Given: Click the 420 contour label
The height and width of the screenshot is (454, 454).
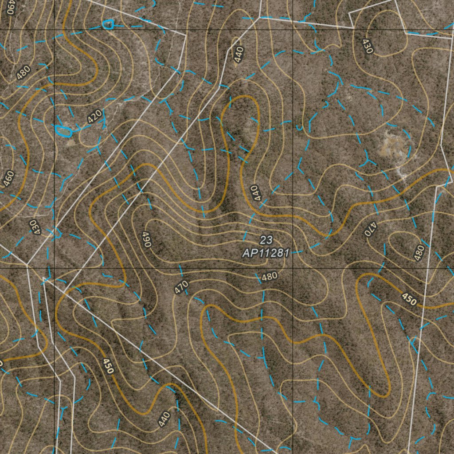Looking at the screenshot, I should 95,117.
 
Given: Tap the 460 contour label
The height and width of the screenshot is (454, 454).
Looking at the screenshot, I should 8,178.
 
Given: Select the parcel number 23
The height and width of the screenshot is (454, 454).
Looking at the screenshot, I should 266,240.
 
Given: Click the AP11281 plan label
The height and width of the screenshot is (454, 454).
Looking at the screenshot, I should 266,253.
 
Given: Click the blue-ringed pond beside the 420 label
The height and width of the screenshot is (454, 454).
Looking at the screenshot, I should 64,131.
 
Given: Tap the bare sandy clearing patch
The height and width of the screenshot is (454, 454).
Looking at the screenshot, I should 391,144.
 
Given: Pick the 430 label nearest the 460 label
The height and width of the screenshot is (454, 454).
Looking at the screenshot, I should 35,227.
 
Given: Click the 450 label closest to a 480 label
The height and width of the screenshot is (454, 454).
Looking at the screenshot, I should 408,299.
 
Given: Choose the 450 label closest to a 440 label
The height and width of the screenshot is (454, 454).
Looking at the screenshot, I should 108,366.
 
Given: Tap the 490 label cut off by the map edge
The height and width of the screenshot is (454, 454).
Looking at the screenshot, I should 11,7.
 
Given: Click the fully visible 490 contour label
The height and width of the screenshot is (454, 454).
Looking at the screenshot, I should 147,239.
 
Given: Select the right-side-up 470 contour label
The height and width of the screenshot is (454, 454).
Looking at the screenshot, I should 181,287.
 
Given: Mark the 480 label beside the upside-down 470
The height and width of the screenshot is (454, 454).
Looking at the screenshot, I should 419,253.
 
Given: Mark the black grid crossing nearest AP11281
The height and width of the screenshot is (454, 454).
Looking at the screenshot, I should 293,268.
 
